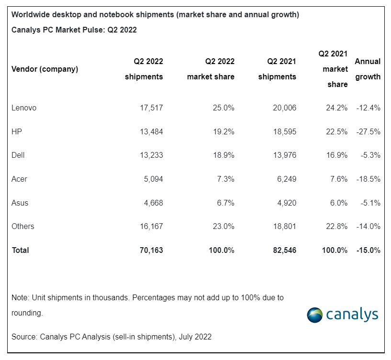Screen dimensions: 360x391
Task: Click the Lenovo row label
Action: point(24,108)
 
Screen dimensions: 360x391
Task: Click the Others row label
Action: point(23,227)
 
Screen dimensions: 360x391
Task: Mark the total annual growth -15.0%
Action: point(368,250)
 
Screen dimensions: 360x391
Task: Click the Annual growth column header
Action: point(368,69)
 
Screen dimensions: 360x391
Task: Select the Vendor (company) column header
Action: point(45,69)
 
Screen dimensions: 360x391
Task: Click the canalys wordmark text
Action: point(352,315)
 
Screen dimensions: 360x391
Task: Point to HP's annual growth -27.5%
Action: point(368,132)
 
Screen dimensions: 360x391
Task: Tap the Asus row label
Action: point(20,203)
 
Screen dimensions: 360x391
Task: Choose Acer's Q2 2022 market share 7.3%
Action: point(224,179)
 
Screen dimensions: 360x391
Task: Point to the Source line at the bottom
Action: point(112,337)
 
